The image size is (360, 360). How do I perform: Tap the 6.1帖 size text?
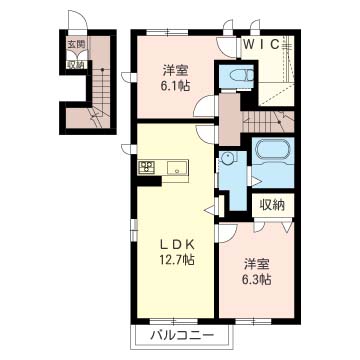coord(176,86)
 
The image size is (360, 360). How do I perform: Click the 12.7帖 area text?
coord(175,259)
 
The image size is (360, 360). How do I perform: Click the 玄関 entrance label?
coord(76,45)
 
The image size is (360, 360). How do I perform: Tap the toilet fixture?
coord(239,77)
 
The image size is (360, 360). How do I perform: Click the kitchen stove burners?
coord(145,167)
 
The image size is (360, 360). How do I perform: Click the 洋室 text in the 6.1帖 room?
coord(176,70)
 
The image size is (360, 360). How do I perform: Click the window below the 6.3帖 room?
coord(257,320)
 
